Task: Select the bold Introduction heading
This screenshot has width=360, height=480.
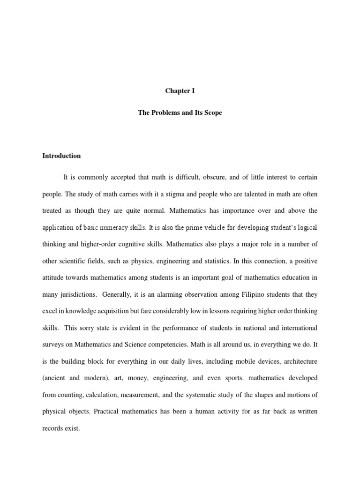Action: (62, 156)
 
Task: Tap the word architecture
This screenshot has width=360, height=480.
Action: (299, 361)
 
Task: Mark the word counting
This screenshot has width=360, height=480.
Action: (69, 395)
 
